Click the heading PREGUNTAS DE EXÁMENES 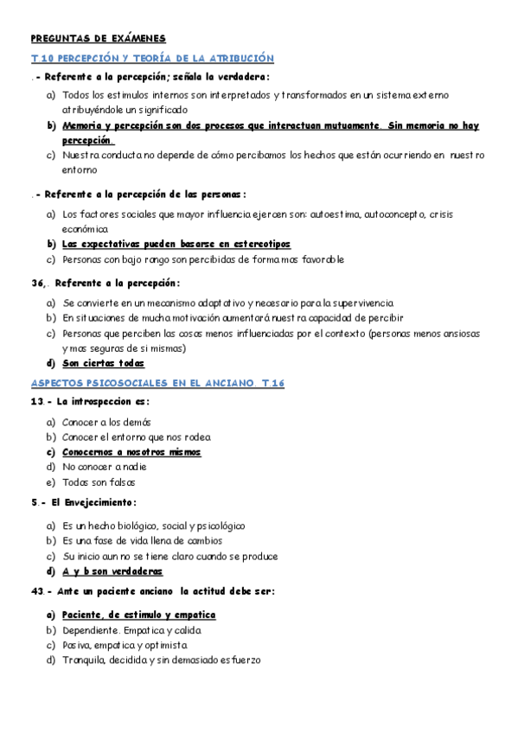[x=98, y=38]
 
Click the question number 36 [x=37, y=283]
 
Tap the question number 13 [x=37, y=402]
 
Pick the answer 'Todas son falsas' [x=99, y=482]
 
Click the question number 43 [x=37, y=591]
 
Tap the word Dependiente [x=90, y=630]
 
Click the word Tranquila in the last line [x=85, y=660]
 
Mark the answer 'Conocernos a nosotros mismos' [x=131, y=452]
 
